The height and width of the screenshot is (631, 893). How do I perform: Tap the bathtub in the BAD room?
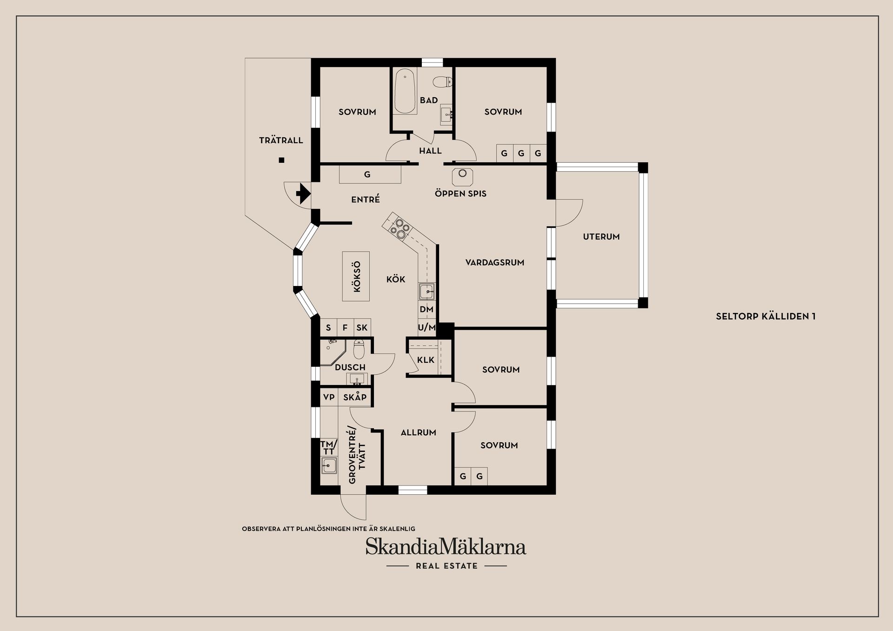click(x=405, y=92)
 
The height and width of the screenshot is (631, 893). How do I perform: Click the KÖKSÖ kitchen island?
click(x=356, y=276)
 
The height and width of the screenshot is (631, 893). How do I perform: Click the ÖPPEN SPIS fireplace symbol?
click(x=462, y=176)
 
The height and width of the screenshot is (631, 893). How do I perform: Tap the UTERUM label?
click(x=601, y=237)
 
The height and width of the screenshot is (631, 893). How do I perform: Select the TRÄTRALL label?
click(x=281, y=140)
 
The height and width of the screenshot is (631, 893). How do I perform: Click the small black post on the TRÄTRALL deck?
click(x=281, y=160)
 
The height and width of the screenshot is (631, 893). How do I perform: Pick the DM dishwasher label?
click(x=427, y=309)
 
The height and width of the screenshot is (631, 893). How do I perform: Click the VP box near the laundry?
click(x=329, y=397)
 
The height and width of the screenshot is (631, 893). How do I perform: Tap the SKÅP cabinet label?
click(x=355, y=397)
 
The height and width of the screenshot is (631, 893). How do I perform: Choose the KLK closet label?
click(x=426, y=360)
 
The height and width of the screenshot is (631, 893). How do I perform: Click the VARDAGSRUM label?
click(x=494, y=263)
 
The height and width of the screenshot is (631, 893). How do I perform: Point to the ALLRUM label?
click(x=418, y=432)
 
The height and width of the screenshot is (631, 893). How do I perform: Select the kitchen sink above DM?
click(x=427, y=292)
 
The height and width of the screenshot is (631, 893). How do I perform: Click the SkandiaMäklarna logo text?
click(x=446, y=547)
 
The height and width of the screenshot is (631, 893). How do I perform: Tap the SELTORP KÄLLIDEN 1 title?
click(x=766, y=317)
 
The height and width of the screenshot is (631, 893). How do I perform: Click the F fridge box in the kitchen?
click(x=345, y=328)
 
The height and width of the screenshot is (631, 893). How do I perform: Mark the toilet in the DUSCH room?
click(x=359, y=349)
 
